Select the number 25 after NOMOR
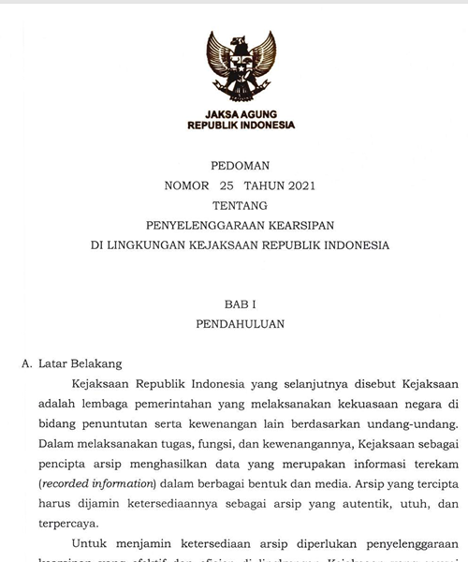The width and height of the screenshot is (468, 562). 226,185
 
